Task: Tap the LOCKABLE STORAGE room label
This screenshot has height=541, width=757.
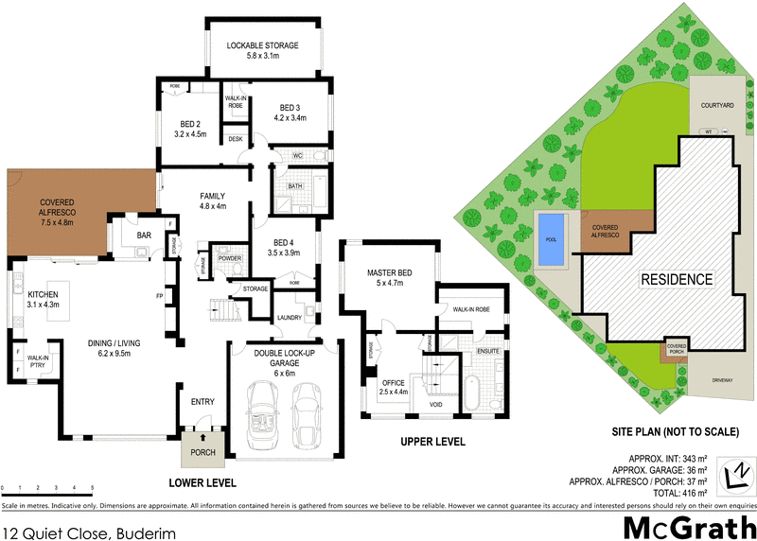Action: click(x=262, y=45)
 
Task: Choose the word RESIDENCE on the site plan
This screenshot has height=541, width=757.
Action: click(x=677, y=280)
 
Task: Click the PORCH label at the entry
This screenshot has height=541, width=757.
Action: click(x=202, y=452)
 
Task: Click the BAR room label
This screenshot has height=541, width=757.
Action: click(x=145, y=234)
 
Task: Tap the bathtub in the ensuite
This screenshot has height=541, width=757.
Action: click(x=472, y=393)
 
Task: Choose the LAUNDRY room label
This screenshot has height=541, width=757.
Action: click(x=289, y=318)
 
